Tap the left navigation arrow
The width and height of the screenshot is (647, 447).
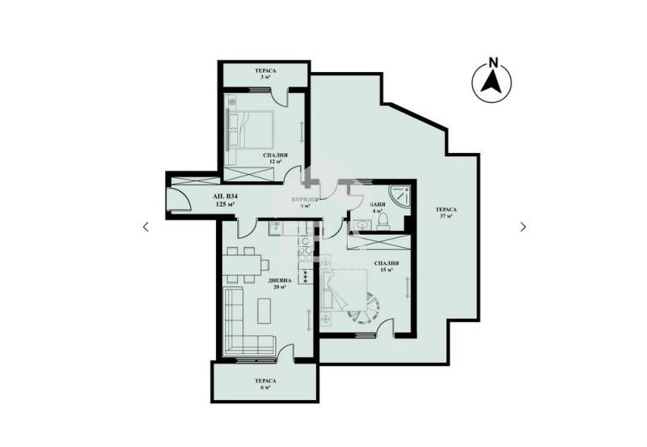(x=146, y=227)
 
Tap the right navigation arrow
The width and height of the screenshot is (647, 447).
(x=523, y=227)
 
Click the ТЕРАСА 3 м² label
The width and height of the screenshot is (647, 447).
(x=263, y=74)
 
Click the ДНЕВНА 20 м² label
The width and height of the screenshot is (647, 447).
(x=281, y=283)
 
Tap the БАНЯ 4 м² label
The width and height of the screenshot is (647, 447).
(x=376, y=209)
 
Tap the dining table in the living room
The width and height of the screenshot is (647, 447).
(x=243, y=262)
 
